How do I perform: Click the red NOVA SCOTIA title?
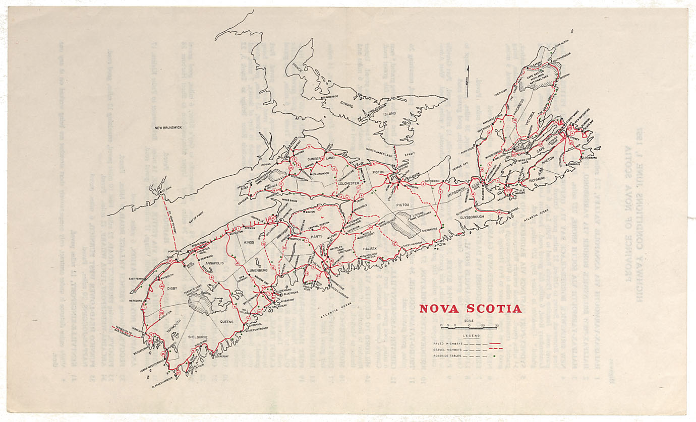coord(471,308)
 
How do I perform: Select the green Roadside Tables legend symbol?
coord(495,356)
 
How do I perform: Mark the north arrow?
coord(468,76)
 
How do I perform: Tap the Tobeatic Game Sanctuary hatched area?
coord(201,304)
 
